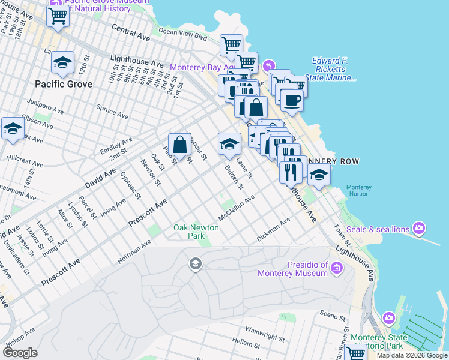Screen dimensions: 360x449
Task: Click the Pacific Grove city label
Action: [63, 84]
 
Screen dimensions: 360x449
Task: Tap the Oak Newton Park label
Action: [196, 232]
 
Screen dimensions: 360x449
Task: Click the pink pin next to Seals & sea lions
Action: [419, 229]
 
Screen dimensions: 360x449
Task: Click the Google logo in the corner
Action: [20, 353]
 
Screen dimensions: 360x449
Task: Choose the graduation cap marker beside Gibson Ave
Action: [13, 129]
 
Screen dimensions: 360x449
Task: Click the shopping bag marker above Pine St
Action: [179, 145]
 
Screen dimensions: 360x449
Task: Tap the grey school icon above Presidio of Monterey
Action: [195, 263]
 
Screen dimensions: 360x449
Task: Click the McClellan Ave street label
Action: [237, 206]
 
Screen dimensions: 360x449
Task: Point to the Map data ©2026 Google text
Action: [412, 355]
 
